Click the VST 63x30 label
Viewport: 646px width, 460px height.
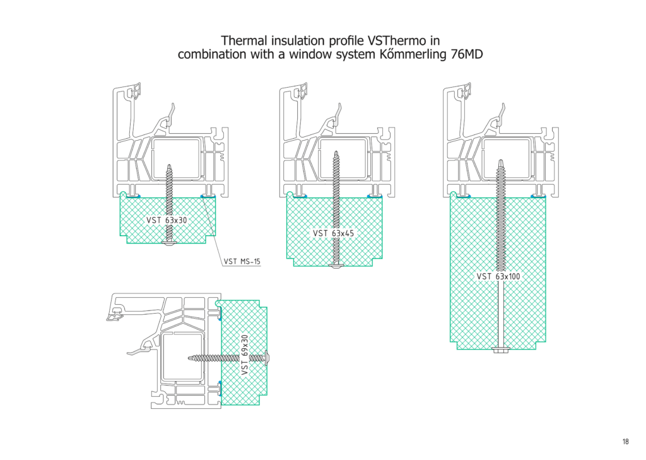(x=167, y=220)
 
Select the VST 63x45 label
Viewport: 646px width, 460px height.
(x=334, y=233)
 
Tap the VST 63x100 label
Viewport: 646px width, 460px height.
(x=498, y=276)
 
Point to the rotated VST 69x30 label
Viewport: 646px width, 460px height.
(x=245, y=355)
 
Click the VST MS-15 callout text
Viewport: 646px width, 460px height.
(x=242, y=261)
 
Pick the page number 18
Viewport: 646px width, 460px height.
(x=625, y=442)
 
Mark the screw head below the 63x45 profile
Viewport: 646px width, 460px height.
(x=336, y=267)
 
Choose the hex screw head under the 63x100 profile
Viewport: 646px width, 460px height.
(x=500, y=349)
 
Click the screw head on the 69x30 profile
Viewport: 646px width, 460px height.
(x=269, y=358)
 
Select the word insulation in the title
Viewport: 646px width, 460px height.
(x=293, y=39)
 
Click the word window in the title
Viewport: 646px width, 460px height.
(x=308, y=54)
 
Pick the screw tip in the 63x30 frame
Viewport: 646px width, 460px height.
(x=170, y=165)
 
